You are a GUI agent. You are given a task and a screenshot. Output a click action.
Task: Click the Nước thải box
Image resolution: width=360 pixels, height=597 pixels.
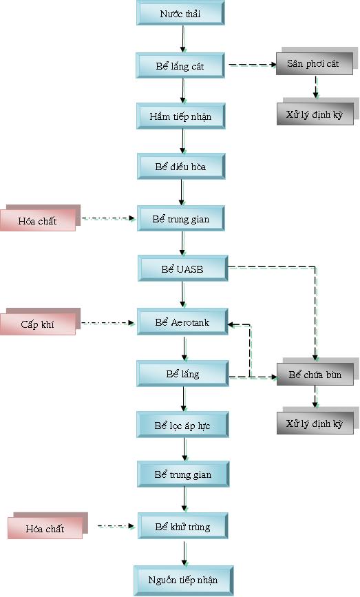(180, 13)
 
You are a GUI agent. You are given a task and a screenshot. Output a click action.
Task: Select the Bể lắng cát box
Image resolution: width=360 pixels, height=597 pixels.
(180, 66)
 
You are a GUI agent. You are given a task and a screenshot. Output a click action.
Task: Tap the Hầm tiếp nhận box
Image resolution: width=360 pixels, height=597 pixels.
(181, 116)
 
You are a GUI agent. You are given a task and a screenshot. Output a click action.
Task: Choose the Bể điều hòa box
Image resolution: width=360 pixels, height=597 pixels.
(181, 167)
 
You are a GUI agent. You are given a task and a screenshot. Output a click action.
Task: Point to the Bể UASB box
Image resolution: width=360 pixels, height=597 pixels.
(183, 269)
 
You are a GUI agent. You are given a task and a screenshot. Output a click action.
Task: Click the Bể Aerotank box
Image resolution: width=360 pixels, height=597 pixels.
(182, 322)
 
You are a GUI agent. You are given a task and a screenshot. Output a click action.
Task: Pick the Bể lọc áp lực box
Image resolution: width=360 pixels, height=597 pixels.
(182, 425)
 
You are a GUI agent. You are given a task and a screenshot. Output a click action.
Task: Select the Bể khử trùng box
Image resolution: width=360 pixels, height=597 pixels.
(182, 527)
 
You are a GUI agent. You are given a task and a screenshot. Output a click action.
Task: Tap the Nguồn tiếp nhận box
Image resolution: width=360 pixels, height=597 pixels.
(183, 580)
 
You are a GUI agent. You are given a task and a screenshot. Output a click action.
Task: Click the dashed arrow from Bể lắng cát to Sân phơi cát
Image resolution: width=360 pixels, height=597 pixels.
(253, 65)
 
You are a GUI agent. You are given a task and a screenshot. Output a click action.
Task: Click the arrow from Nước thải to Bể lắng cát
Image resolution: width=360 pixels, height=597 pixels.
(183, 39)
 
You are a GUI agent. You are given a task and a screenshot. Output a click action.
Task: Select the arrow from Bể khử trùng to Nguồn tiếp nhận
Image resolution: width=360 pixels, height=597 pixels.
(184, 553)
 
